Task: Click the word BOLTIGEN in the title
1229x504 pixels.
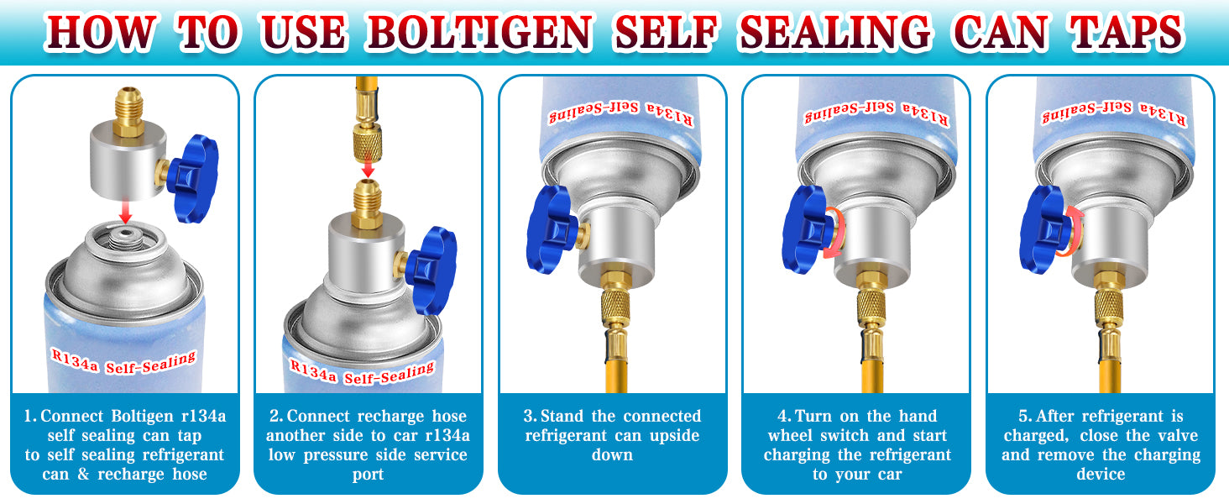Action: tap(480, 32)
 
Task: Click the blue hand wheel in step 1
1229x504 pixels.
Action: tap(192, 178)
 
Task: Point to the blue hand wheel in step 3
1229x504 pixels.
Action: tap(551, 229)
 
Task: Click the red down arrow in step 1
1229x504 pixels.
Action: tap(126, 212)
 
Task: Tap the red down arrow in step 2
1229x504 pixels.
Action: tap(369, 168)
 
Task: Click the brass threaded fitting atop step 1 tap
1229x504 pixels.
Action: tap(128, 112)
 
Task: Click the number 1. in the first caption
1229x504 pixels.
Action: tap(30, 416)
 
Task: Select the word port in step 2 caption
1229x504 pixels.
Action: tap(368, 475)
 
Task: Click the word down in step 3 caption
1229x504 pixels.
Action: tap(612, 455)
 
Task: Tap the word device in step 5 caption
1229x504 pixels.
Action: tap(1101, 474)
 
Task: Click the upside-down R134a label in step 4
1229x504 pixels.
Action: tap(876, 113)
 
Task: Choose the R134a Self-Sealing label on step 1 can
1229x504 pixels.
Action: tap(123, 362)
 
